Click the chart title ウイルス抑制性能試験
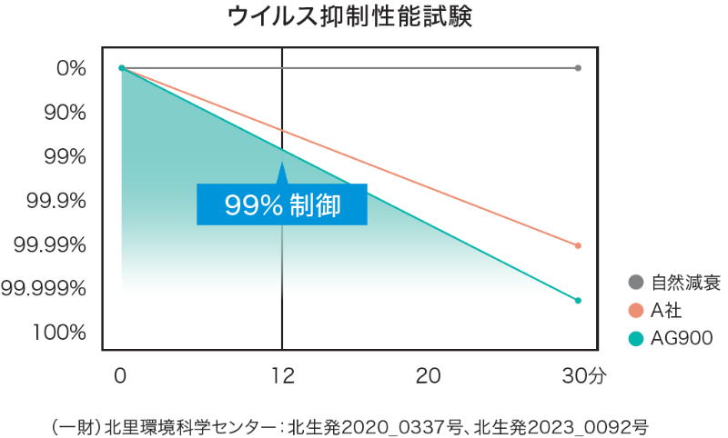[x=364, y=17]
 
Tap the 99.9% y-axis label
[x=56, y=200]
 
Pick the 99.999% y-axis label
[x=45, y=288]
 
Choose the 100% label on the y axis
[x=59, y=332]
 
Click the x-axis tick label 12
[x=282, y=374]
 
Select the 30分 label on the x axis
[x=582, y=374]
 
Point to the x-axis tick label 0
[x=121, y=374]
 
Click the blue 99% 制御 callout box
[x=282, y=204]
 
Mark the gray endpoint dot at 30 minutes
[x=578, y=68]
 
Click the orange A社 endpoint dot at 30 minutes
[x=578, y=245]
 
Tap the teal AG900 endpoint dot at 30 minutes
[x=578, y=300]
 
